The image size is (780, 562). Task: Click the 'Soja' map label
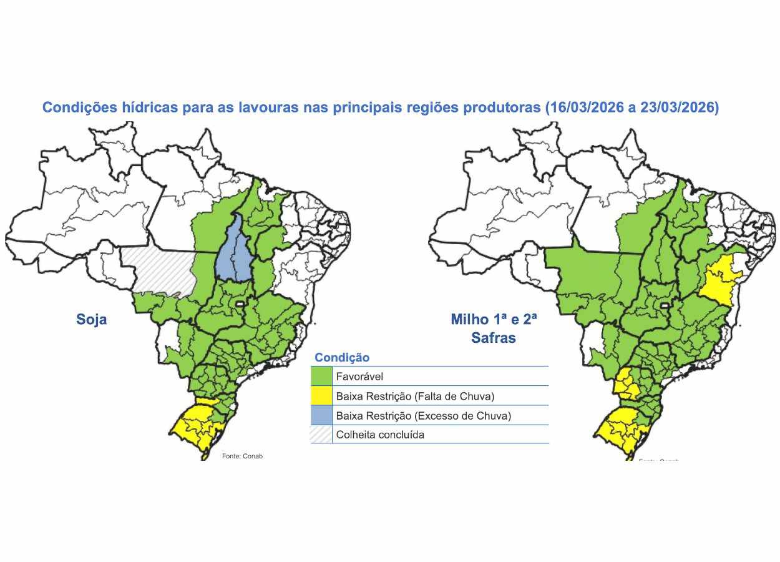[x=91, y=320]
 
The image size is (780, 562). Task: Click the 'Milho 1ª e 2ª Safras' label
[x=494, y=329]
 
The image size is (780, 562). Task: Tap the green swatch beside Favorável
[x=321, y=377]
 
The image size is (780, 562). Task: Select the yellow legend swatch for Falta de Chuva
[x=321, y=396]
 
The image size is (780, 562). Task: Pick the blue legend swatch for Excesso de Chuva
[x=321, y=415]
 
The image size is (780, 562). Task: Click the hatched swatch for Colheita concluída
[x=321, y=435]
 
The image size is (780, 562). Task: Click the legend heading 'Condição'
[x=341, y=358]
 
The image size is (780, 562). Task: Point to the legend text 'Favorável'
[x=359, y=377]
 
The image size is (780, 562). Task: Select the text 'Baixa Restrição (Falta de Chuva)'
[x=414, y=396]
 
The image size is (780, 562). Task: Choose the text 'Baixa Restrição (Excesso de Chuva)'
[x=423, y=415]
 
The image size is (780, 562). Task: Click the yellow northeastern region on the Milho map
[x=719, y=278]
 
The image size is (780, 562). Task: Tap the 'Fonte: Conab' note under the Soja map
[x=242, y=456]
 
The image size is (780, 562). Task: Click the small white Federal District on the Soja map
[x=238, y=303]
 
